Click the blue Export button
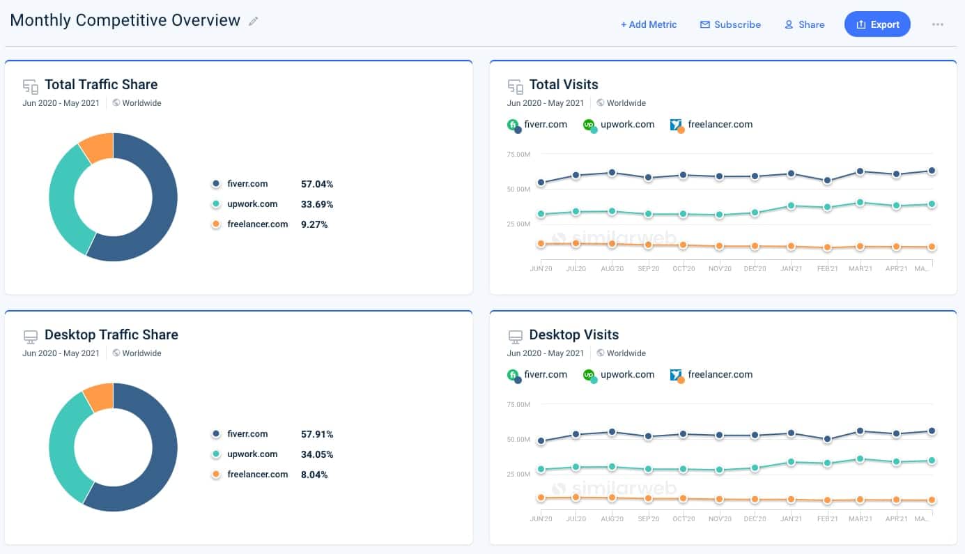[877, 24]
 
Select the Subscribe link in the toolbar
[730, 24]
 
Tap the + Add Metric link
[649, 24]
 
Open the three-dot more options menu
[937, 24]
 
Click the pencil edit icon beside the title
[254, 21]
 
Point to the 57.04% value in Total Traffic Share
[317, 184]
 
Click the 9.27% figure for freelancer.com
[314, 224]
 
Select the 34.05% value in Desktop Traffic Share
[317, 454]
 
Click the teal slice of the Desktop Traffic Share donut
[64, 446]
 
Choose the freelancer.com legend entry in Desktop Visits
[711, 375]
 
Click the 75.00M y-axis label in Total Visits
[518, 154]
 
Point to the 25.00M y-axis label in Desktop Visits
[518, 474]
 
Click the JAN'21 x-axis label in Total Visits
[791, 269]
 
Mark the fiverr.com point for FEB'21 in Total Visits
[827, 180]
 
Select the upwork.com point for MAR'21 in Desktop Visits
[860, 459]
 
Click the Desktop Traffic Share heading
[111, 334]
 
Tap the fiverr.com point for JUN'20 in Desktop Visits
[540, 441]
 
